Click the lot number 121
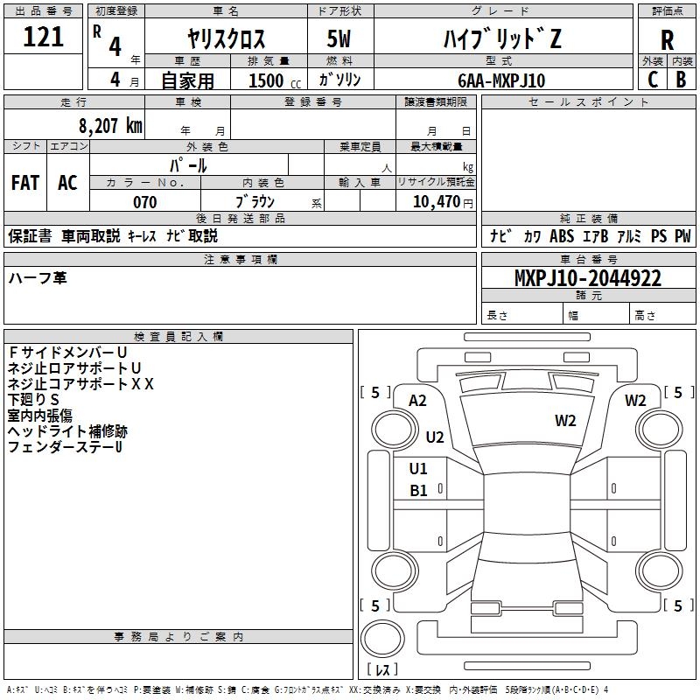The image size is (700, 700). coord(44,37)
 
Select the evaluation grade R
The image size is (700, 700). coord(667,39)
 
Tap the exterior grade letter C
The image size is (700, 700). coord(652,79)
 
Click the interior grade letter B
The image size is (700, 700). coord(681,79)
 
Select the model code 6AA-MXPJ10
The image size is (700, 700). coord(501,80)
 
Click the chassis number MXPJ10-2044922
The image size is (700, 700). coord(587,279)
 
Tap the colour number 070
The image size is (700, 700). coord(144,202)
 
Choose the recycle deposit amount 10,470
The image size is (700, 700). coord(435,202)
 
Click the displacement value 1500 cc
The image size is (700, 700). coord(271,80)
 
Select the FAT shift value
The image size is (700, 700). coord(24,182)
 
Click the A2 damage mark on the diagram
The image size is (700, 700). coord(417,400)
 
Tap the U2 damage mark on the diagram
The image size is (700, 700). coord(435,437)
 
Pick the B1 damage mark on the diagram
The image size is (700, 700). coord(419,491)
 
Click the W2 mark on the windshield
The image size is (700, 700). coord(565,421)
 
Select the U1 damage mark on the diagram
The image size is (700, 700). coord(419,468)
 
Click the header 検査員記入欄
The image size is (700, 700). coord(178,337)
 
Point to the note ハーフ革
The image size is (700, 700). coord(37,277)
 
